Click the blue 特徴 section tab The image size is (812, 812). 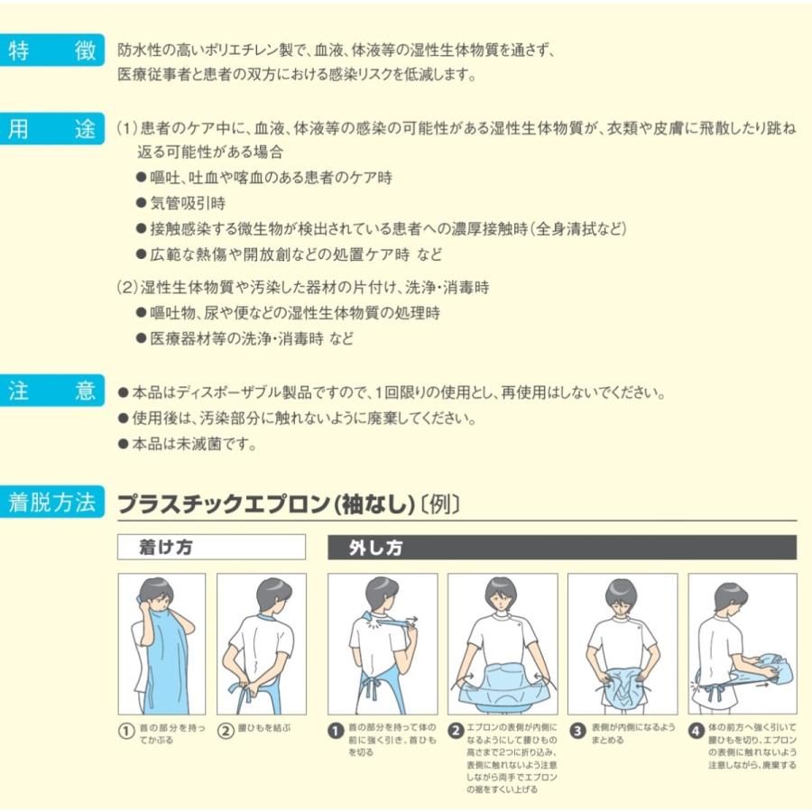pos(51,51)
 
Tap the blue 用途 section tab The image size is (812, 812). pos(51,128)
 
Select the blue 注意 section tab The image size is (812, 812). pos(51,390)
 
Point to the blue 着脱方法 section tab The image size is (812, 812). pos(51,502)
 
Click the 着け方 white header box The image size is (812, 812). pos(211,547)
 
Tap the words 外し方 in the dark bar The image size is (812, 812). pos(375,548)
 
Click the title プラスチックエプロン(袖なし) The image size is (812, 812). pos(266,503)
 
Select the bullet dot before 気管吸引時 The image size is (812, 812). pos(141,203)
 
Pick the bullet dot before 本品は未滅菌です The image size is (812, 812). pos(123,444)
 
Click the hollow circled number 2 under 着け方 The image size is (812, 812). pos(226,731)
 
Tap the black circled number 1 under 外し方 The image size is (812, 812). pos(336,731)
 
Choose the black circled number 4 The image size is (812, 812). pos(696,731)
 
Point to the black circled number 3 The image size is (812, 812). pos(577,731)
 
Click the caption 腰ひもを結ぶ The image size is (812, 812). pos(264,728)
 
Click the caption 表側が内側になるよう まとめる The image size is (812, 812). pos(633,734)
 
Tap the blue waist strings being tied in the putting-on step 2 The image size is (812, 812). pos(244,691)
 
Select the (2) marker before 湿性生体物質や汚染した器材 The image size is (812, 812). pos(128,288)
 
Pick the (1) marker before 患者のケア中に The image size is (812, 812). pos(128,128)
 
